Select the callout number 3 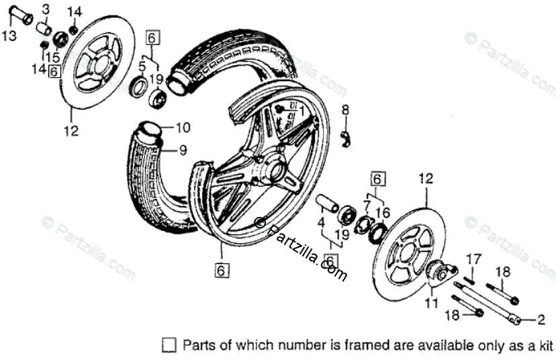tap(46, 9)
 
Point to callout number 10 tap(183, 127)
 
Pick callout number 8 tap(345, 109)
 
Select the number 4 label tap(321, 221)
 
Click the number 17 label tap(474, 258)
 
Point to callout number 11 tap(430, 303)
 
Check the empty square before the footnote tap(170, 345)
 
